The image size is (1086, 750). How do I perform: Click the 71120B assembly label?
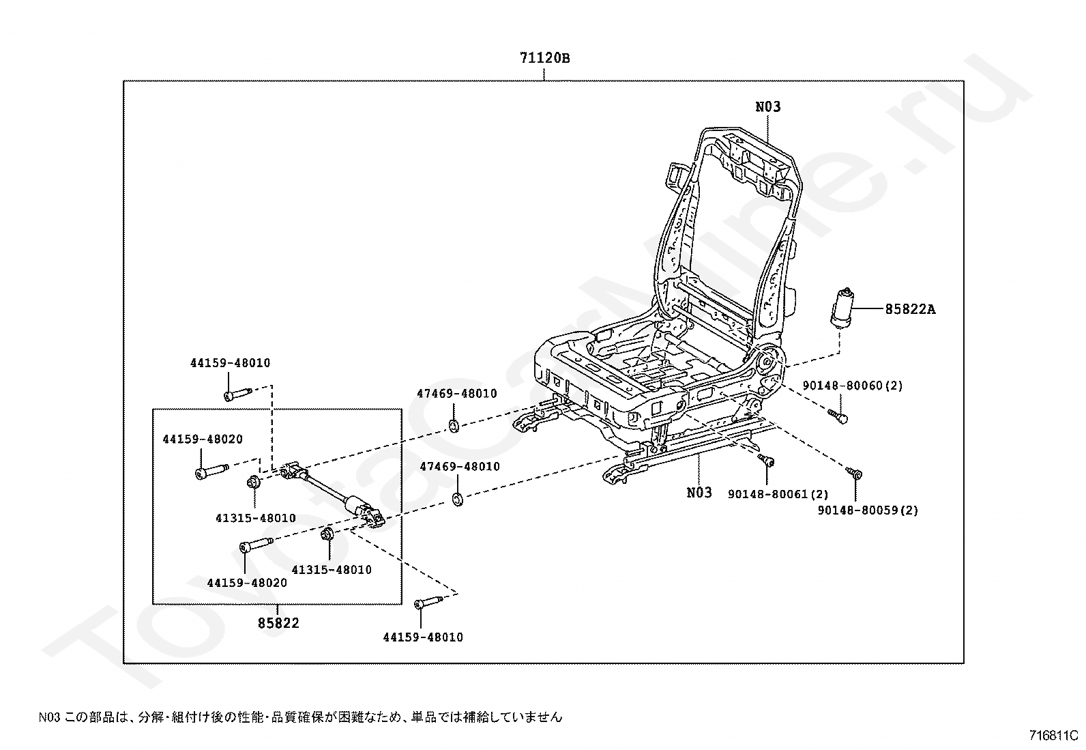coord(545,58)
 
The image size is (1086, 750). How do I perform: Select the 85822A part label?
coord(911,309)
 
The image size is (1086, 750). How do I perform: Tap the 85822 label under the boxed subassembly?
coord(278,622)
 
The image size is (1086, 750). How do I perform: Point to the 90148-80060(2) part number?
coord(853,386)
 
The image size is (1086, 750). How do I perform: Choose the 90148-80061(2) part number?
coord(778,494)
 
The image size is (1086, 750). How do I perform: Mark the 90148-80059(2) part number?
coord(868,510)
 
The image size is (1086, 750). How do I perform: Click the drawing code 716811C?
coord(1053,736)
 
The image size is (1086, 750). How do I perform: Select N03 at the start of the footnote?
coord(49,717)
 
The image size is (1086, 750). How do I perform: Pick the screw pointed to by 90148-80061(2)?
coord(767,460)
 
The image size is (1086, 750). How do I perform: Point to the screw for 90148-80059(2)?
coord(855,472)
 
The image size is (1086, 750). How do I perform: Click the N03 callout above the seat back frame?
coord(768,106)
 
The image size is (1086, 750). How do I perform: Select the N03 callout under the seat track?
coord(699,493)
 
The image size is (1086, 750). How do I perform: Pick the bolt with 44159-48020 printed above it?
coord(212,471)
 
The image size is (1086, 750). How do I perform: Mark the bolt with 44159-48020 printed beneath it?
coord(257,544)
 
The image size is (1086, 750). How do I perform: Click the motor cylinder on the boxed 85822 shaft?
coord(354,503)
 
